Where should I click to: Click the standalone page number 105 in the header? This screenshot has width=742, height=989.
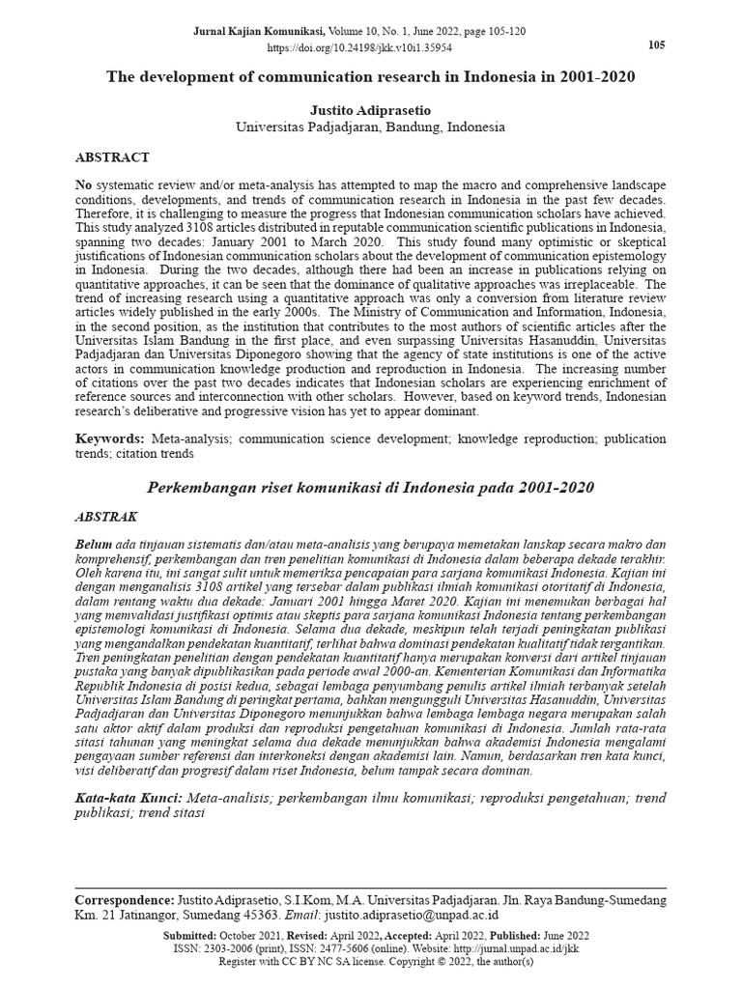point(655,45)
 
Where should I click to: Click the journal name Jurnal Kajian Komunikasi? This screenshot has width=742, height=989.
point(273,31)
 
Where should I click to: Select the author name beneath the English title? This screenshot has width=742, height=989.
point(371,109)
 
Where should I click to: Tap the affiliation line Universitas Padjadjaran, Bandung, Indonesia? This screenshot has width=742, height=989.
point(371,127)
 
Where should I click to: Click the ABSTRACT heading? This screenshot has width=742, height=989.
point(112,156)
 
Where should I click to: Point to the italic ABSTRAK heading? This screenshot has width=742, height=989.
point(106,517)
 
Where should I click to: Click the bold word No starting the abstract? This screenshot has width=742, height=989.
point(84,184)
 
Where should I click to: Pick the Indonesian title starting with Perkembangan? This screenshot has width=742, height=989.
point(371,487)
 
